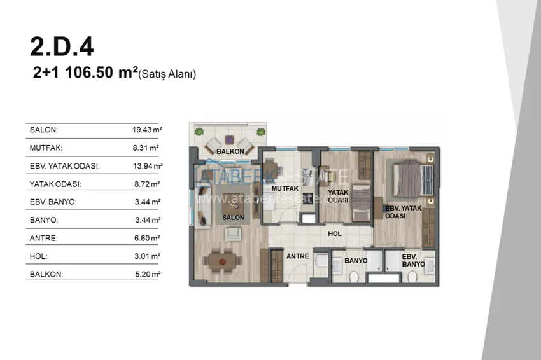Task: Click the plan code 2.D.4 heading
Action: (62, 47)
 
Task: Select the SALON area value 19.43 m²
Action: (147, 130)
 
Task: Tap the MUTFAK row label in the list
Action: (46, 148)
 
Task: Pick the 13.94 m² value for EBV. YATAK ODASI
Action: (148, 166)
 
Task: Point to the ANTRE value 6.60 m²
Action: (147, 238)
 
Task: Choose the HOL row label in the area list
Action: (38, 256)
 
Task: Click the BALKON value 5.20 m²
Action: (148, 275)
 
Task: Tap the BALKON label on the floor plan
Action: (230, 151)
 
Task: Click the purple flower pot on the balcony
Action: (229, 140)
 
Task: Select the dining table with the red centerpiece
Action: (223, 261)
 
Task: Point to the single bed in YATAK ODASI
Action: (361, 204)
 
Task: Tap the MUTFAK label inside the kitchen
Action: (285, 189)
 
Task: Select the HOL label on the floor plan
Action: (335, 234)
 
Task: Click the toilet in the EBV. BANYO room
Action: (412, 277)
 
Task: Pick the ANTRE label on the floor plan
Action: (297, 256)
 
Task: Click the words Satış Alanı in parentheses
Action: (167, 74)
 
